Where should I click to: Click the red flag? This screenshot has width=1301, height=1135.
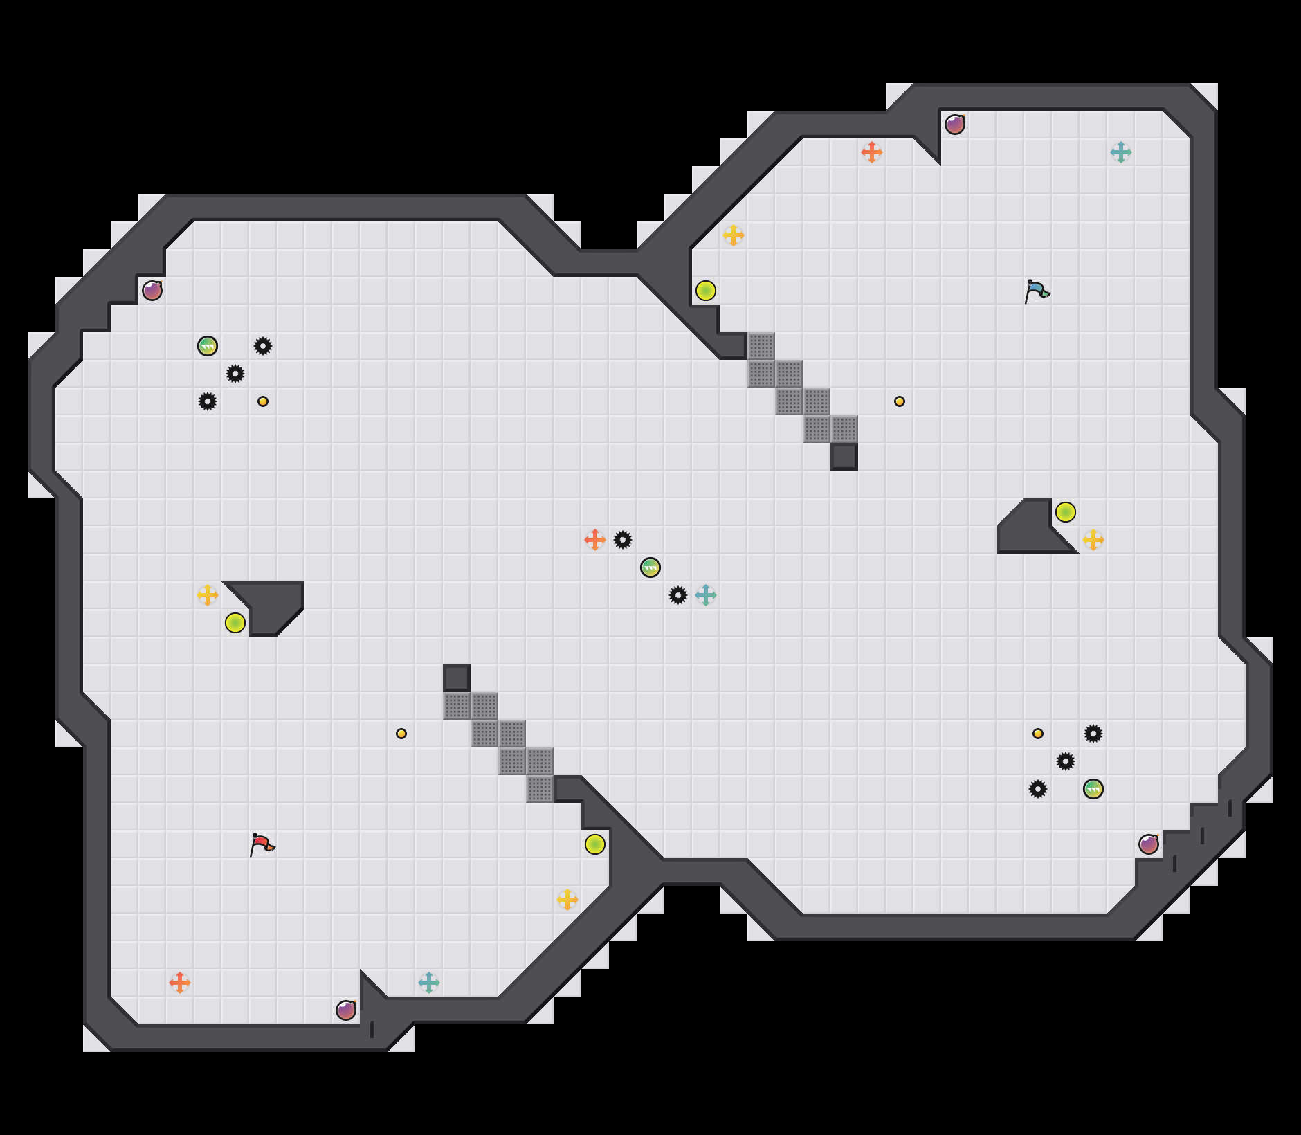point(262,844)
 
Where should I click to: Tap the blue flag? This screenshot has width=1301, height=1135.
point(1037,291)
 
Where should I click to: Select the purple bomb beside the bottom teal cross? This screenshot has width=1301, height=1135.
point(346,1010)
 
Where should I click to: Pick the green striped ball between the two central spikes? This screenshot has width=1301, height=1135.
point(650,567)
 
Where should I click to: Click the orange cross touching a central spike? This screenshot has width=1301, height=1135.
point(595,540)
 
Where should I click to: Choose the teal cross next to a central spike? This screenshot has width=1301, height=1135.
point(706,595)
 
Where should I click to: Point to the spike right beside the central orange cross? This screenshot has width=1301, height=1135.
point(623,540)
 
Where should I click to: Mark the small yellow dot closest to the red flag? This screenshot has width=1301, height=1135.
point(401,734)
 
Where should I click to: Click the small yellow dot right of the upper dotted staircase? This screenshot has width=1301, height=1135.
point(900,401)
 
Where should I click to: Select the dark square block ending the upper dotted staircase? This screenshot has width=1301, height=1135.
point(844,457)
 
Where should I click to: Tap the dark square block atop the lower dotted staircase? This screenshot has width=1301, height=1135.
point(457,678)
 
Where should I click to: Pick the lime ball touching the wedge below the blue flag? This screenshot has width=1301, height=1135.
point(1066,512)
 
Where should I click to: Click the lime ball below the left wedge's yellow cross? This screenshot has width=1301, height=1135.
point(235,623)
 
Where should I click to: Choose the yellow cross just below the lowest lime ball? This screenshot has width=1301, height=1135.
point(567,900)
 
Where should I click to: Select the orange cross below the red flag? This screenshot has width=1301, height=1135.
point(180,983)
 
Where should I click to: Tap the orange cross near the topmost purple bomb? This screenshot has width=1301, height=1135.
point(872,152)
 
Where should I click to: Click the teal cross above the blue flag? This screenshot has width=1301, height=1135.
point(1121,152)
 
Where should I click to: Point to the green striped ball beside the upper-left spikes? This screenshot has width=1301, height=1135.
point(208,346)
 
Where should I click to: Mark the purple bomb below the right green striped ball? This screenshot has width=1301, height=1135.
point(1149,844)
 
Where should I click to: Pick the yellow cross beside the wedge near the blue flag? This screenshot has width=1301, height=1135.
point(1093,540)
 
